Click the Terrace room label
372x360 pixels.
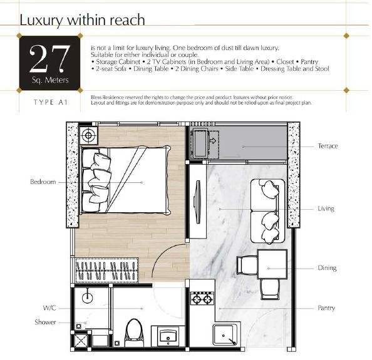pyautogui.click(x=328, y=146)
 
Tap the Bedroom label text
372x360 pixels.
pyautogui.click(x=43, y=182)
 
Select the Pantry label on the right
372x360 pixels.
pyautogui.click(x=326, y=308)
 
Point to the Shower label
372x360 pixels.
pyautogui.click(x=45, y=322)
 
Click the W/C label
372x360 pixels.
pyautogui.click(x=49, y=308)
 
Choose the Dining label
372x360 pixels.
pyautogui.click(x=327, y=268)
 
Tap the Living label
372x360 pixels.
pyautogui.click(x=326, y=208)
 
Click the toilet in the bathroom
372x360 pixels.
pyautogui.click(x=134, y=332)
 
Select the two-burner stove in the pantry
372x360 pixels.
pyautogui.click(x=202, y=299)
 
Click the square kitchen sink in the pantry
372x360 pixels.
pyautogui.click(x=225, y=335)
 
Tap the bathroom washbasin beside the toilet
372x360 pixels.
pyautogui.click(x=168, y=336)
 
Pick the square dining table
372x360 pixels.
pyautogui.click(x=272, y=264)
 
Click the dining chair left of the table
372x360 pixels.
pyautogui.click(x=247, y=265)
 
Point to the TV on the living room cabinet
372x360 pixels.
pyautogui.click(x=197, y=202)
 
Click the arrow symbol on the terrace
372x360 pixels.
pyautogui.click(x=212, y=141)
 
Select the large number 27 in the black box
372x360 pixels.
pyautogui.click(x=50, y=59)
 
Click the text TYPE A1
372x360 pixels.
pyautogui.click(x=51, y=102)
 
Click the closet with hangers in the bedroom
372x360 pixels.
pyautogui.click(x=106, y=270)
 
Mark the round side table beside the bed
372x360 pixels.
pyautogui.click(x=88, y=135)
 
